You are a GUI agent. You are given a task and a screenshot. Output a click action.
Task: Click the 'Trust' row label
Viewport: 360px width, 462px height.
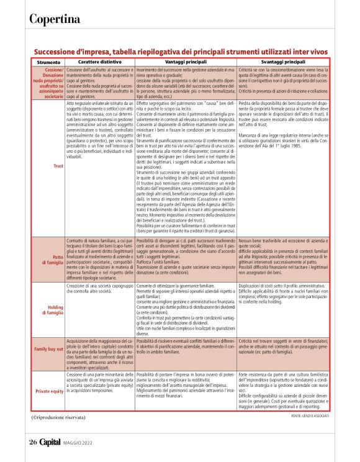point(58,165)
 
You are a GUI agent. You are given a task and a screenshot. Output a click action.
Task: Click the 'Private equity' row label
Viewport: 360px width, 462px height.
point(48,391)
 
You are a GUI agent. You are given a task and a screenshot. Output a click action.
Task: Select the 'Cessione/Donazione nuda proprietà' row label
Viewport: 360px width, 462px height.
point(48,83)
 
